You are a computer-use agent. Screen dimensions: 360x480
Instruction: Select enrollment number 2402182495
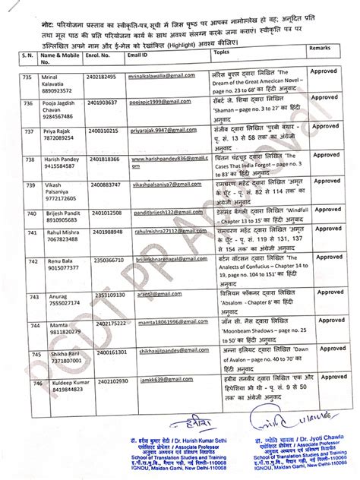pyautogui.click(x=103, y=77)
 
